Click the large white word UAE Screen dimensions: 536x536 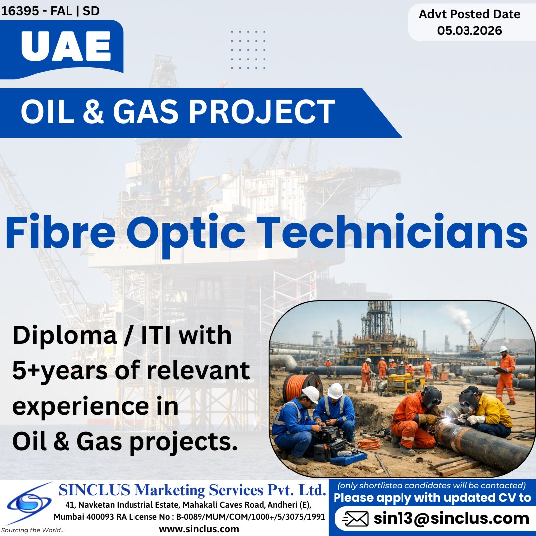click(x=66, y=48)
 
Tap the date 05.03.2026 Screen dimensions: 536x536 click(x=469, y=31)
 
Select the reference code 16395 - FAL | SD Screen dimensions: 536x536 click(x=50, y=11)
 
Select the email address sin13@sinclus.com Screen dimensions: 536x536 click(x=451, y=518)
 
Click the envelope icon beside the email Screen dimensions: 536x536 click(x=356, y=519)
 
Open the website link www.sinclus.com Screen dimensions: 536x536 click(x=199, y=529)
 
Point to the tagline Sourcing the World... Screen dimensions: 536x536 click(x=32, y=530)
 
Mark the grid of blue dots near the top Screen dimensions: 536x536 click(x=248, y=50)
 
